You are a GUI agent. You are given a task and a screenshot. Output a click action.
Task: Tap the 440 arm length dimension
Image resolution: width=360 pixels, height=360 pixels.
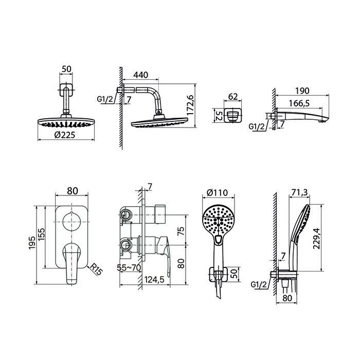140,75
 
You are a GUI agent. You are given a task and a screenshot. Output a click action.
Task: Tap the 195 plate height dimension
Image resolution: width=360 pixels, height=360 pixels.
32,242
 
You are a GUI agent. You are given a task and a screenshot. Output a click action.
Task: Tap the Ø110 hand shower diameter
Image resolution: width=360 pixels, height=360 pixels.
216,194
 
